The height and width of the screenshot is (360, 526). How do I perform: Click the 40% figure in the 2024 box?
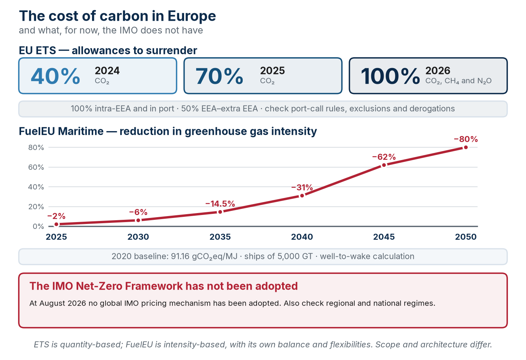[x=56, y=76]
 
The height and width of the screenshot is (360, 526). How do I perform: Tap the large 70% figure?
[x=219, y=76]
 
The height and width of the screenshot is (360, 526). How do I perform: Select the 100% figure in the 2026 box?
[x=390, y=76]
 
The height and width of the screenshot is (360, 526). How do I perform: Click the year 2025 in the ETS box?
[x=272, y=70]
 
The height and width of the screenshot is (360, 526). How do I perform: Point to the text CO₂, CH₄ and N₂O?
[x=458, y=81]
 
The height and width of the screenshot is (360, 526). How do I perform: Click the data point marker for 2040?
[x=302, y=196]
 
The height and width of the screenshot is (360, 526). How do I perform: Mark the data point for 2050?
[x=466, y=147]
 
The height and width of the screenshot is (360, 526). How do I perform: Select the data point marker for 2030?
[x=138, y=220]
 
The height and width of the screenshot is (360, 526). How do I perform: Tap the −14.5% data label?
[x=220, y=204]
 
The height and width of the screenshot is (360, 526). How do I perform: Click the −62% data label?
[x=384, y=157]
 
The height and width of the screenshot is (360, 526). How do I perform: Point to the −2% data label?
[x=56, y=216]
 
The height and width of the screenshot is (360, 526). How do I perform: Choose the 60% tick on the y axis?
[x=36, y=167]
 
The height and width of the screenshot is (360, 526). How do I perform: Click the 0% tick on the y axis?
[x=38, y=226]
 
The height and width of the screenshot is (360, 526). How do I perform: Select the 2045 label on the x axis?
[x=384, y=237]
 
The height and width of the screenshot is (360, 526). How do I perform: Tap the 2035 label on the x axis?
[x=220, y=237]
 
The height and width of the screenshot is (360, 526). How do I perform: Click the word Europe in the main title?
[x=192, y=17]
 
